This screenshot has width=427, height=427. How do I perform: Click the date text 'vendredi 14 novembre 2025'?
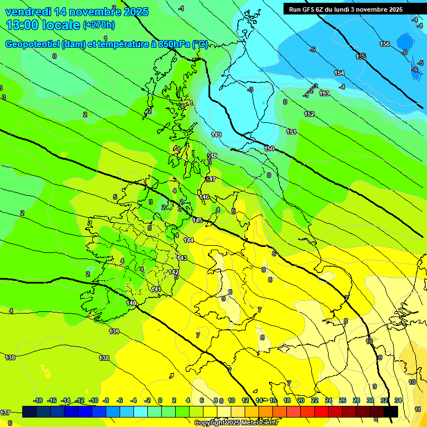pos(77,11)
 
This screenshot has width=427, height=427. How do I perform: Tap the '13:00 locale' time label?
pos(43,24)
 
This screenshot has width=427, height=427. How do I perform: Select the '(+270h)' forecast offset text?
pos(99,25)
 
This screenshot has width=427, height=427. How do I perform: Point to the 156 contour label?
pos(385,44)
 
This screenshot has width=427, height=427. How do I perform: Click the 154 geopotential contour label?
pos(339,73)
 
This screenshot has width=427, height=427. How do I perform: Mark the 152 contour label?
pos(309,114)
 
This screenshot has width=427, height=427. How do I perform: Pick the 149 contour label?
pos(216,135)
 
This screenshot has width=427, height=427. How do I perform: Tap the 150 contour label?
pos(269,148)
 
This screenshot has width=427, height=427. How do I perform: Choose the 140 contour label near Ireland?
pos(131,303)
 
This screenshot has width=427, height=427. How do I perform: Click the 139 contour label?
pos(114,331)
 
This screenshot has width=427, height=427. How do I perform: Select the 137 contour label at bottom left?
pos(5,412)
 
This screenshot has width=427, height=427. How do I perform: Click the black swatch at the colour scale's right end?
pos(391,411)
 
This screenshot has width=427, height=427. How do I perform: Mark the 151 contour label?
pos(291,132)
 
